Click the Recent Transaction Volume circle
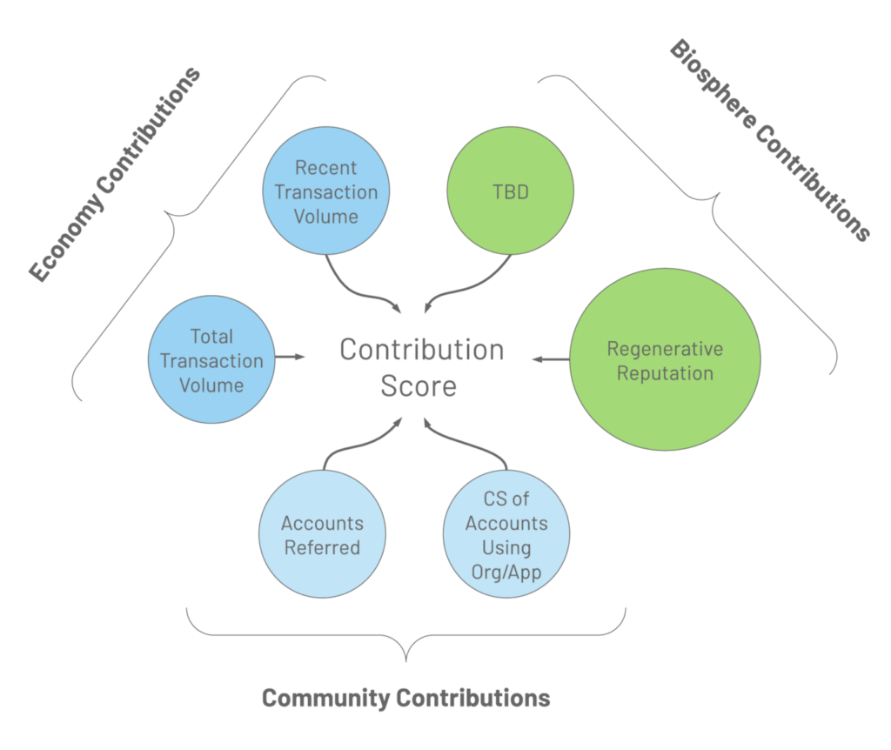pyautogui.click(x=326, y=191)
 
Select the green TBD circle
pyautogui.click(x=510, y=191)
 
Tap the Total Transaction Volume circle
pyautogui.click(x=211, y=359)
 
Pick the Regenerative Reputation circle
pyautogui.click(x=665, y=359)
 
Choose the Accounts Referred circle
pyautogui.click(x=322, y=534)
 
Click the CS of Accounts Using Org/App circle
pyautogui.click(x=506, y=534)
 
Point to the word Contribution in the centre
pyautogui.click(x=422, y=350)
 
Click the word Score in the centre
pyautogui.click(x=419, y=386)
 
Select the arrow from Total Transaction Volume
pyautogui.click(x=290, y=357)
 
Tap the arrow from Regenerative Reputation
pyautogui.click(x=551, y=359)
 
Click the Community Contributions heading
pyautogui.click(x=405, y=699)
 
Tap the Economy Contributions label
pyautogui.click(x=115, y=174)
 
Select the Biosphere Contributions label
pyautogui.click(x=770, y=140)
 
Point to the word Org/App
pyautogui.click(x=506, y=573)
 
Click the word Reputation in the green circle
pyautogui.click(x=665, y=373)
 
